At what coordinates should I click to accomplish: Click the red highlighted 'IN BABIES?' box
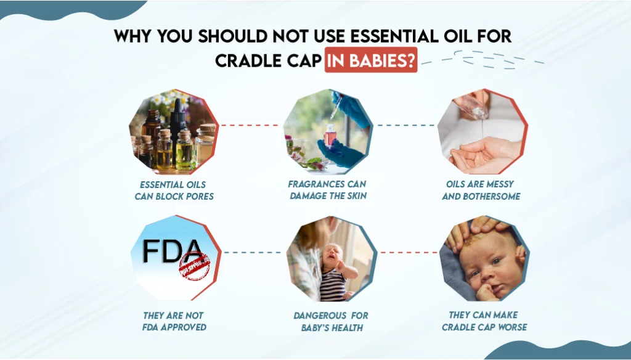pos(371,62)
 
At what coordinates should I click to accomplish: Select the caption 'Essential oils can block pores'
pos(174,190)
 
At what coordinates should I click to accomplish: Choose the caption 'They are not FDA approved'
pos(174,321)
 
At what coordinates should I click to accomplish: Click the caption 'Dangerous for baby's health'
pos(330,321)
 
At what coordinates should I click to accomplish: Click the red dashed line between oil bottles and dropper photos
pos(251,125)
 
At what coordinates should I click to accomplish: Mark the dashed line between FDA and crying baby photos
pos(253,252)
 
